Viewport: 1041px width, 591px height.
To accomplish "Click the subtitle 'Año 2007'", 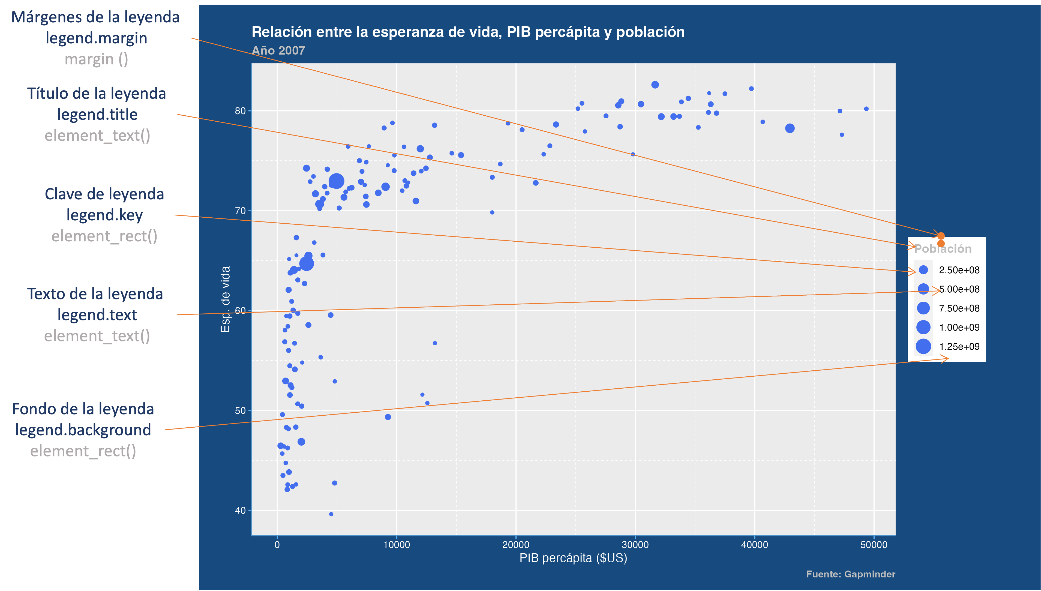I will (278, 51).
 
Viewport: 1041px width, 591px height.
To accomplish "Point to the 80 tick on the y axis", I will (240, 111).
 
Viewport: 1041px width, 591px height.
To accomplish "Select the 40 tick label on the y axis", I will (240, 511).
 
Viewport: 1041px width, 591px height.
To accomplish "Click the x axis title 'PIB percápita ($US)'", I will (573, 558).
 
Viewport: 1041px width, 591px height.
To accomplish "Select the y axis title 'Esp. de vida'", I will (225, 299).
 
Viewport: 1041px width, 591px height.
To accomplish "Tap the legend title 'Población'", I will (943, 249).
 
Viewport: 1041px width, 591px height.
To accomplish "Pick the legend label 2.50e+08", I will (959, 270).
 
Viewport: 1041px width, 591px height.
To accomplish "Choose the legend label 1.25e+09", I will (959, 347).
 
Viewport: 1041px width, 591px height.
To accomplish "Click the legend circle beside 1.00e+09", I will (923, 327).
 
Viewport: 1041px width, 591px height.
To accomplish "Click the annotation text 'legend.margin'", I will (96, 38).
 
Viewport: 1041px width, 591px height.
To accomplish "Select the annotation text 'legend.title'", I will (97, 115).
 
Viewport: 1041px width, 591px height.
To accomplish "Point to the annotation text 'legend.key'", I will (104, 215).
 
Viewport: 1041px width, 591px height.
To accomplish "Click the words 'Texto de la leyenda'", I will (95, 294).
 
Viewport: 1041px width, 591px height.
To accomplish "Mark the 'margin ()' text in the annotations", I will (96, 59).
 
